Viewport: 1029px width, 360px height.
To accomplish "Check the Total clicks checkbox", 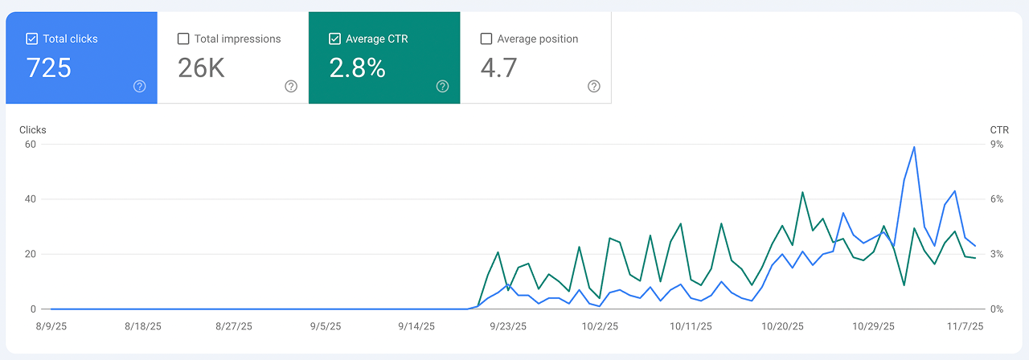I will click(32, 39).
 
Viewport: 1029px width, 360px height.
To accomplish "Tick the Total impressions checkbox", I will click(183, 39).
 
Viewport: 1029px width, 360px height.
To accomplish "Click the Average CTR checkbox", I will click(334, 39).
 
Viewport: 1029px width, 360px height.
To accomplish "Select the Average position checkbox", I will click(486, 39).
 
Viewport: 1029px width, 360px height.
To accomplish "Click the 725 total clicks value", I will click(49, 68).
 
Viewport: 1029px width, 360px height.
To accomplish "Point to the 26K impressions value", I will click(201, 68).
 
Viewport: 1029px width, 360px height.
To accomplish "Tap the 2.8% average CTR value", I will click(358, 68).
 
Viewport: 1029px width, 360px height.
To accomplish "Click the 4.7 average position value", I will click(498, 68).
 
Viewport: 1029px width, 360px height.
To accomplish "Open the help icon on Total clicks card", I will click(140, 87).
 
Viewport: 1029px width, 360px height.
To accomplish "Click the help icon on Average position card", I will click(594, 87).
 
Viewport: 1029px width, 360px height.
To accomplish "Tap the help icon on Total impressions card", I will click(291, 87).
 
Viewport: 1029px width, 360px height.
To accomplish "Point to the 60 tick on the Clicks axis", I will click(31, 145).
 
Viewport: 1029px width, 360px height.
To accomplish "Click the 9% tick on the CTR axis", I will click(996, 145).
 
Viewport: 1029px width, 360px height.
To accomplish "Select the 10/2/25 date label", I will click(600, 327).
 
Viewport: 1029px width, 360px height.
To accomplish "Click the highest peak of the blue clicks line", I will click(914, 147).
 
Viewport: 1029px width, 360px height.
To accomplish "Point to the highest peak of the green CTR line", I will click(802, 193).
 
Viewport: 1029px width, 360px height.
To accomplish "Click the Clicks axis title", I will click(33, 130).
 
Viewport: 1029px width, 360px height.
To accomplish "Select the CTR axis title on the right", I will click(999, 130).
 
